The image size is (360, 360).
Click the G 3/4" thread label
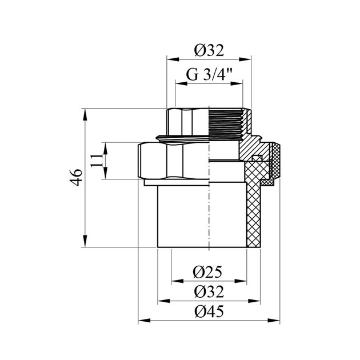[x=209, y=74]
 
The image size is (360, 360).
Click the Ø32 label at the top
[x=209, y=50]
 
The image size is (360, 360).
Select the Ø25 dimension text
[x=207, y=272]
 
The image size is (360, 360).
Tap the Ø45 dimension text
[x=209, y=311]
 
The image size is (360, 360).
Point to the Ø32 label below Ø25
[x=209, y=292]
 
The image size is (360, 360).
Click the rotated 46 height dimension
[x=76, y=177]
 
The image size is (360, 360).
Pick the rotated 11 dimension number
[x=96, y=161]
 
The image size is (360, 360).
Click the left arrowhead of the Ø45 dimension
[x=144, y=321]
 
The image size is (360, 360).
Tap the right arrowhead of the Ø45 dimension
[x=274, y=321]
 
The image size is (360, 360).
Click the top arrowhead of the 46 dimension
[x=85, y=114]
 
